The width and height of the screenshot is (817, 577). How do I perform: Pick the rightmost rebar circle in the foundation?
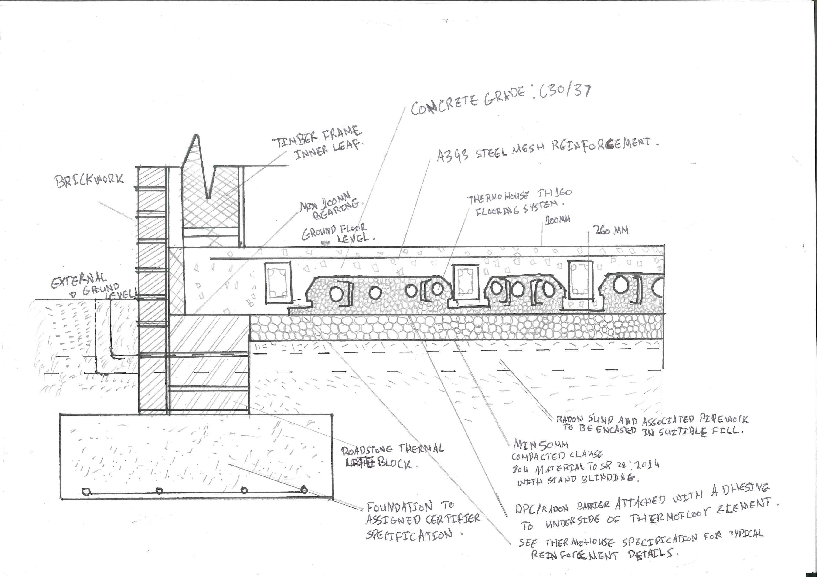coord(304,490)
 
